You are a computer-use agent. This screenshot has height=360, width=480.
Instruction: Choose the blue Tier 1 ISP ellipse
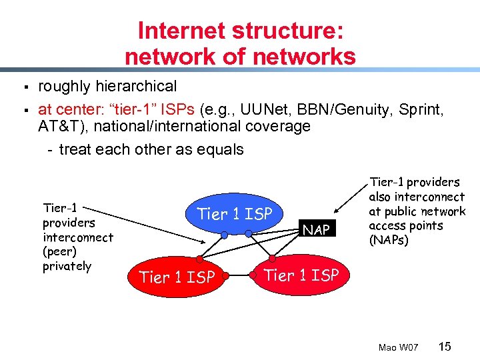235,214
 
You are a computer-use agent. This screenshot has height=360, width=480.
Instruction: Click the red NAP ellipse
316,229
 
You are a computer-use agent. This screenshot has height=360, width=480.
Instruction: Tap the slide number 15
445,346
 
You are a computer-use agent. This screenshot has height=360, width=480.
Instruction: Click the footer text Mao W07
398,347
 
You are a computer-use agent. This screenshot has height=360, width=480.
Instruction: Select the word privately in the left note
67,267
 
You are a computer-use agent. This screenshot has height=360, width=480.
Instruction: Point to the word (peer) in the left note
59,252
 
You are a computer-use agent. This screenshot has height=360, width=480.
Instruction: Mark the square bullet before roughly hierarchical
23,87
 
